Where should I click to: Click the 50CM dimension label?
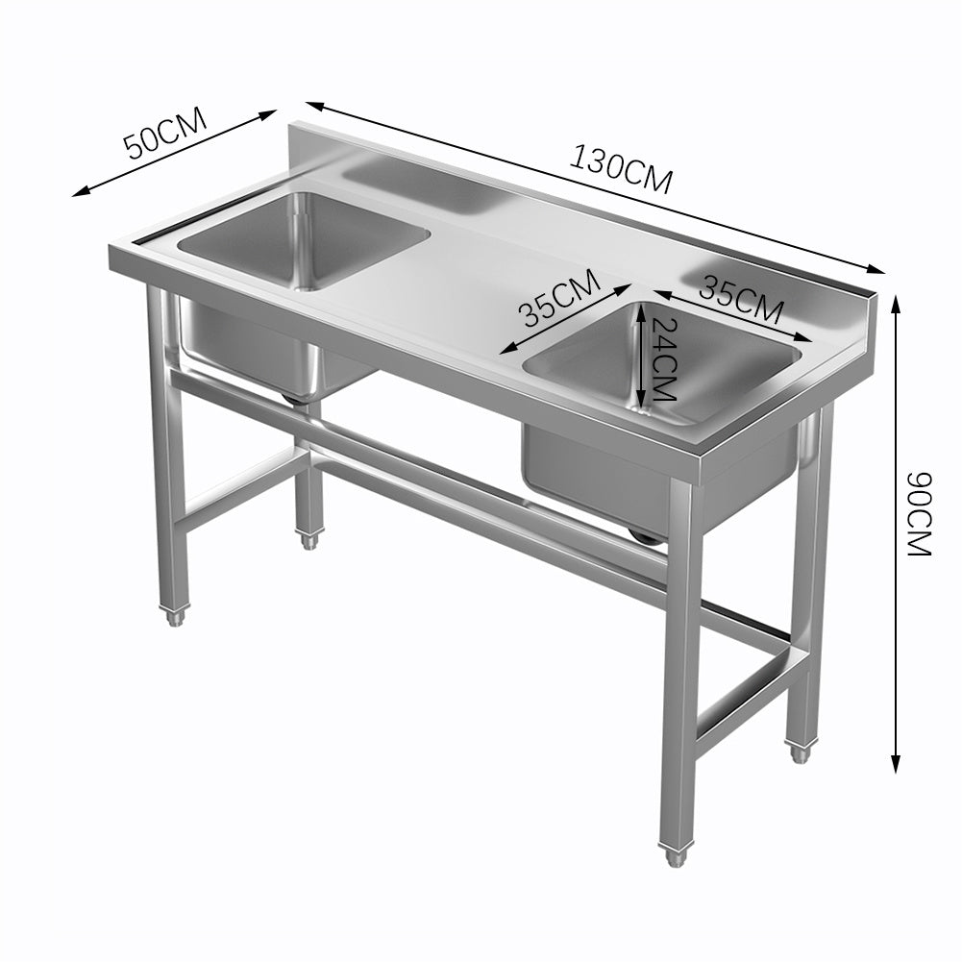(165, 136)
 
